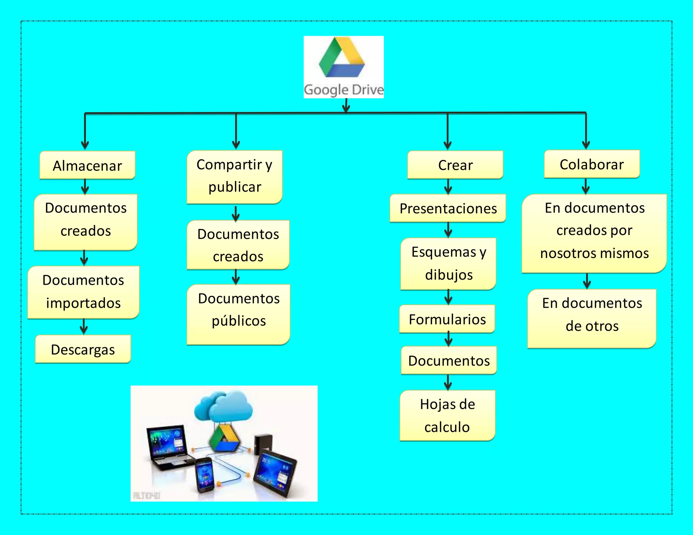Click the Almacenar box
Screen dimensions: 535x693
pos(87,165)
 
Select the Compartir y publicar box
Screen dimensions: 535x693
pos(234,177)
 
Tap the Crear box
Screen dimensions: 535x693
pos(455,165)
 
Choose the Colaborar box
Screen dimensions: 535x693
pos(592,164)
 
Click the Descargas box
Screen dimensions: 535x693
pos(83,349)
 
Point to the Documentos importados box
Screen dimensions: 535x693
pos(83,292)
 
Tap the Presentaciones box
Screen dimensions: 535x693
pos(448,208)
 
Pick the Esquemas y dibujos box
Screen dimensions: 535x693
pos(448,263)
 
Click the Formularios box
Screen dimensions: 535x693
pos(447,319)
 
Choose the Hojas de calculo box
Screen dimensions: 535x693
pos(447,416)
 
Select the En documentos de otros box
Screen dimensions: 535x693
pos(592,318)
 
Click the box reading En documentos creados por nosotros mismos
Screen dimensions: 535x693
pos(594,233)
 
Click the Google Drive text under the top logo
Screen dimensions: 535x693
pos(343,90)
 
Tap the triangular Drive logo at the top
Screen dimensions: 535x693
pos(342,57)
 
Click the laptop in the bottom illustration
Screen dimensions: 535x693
pos(167,446)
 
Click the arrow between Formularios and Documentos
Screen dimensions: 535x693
pos(448,340)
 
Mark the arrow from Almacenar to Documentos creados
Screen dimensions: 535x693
pos(85,187)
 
